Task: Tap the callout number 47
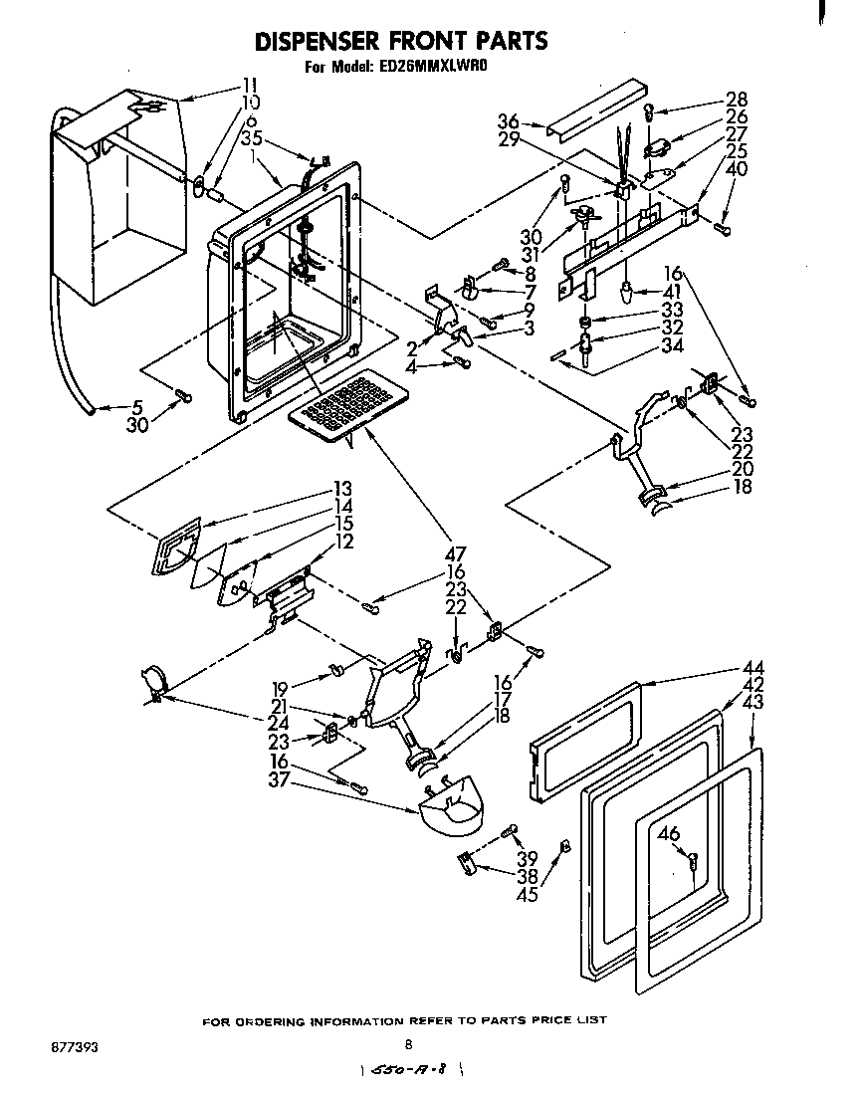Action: (x=457, y=553)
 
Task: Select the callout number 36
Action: (x=508, y=122)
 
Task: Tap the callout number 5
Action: (x=137, y=406)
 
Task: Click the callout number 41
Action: (x=674, y=291)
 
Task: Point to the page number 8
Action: (x=408, y=1044)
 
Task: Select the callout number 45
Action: (x=528, y=895)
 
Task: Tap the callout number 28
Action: (x=737, y=100)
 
